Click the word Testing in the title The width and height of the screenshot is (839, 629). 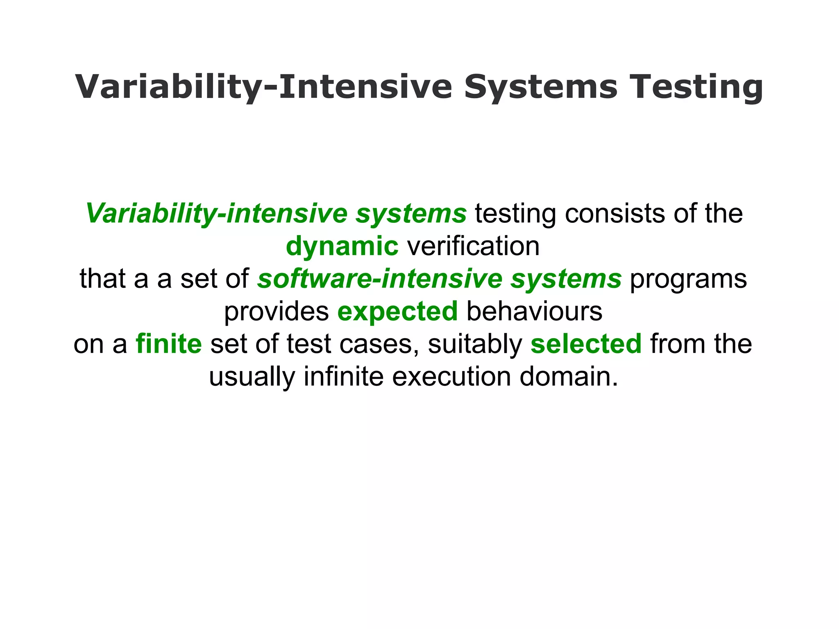[696, 87]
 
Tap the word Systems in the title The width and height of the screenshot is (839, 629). [540, 87]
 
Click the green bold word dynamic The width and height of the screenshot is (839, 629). [342, 247]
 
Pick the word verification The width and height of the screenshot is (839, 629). [473, 247]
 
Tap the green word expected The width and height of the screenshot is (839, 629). [397, 312]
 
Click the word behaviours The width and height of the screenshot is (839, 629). [534, 312]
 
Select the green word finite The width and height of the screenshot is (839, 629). [169, 344]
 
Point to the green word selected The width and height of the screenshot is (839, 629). [586, 344]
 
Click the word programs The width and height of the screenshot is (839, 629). [688, 279]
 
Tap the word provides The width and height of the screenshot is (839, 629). [277, 312]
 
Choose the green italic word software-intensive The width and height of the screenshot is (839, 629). [380, 279]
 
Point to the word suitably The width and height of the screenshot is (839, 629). [475, 344]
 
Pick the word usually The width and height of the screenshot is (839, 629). [252, 377]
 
